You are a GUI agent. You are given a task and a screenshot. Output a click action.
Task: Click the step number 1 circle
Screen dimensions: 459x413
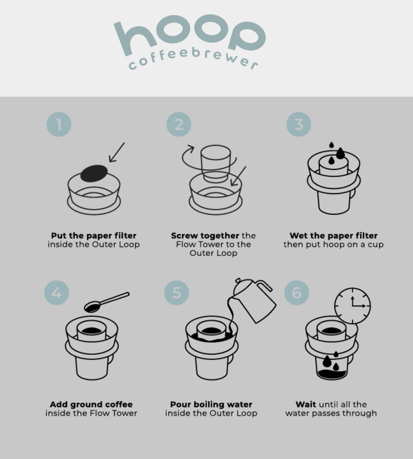coord(59,124)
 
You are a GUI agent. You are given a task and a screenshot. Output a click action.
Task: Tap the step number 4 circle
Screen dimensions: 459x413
coord(57,293)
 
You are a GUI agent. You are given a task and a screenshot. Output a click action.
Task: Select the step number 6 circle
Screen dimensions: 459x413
coord(297,293)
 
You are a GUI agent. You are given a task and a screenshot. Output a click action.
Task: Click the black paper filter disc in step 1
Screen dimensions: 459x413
coord(94,173)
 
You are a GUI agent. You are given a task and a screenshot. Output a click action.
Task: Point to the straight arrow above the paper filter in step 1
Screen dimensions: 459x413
coord(117,152)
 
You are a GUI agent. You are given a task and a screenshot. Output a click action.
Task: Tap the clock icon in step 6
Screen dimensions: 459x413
coord(352,306)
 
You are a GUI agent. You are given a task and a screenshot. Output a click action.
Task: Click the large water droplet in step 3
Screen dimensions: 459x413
coord(340,153)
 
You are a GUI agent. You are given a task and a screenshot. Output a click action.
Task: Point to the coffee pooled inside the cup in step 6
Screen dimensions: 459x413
coord(331,374)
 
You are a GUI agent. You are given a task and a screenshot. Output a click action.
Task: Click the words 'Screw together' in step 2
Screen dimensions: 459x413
coord(205,235)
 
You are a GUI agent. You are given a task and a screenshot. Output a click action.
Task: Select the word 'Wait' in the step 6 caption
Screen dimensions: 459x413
coord(306,404)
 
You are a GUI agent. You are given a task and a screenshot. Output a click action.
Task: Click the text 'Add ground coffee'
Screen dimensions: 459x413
coord(91,404)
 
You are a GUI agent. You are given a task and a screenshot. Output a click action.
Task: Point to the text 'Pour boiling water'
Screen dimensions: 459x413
coord(211,404)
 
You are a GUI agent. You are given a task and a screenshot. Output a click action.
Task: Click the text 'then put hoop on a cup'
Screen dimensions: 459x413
coord(333,245)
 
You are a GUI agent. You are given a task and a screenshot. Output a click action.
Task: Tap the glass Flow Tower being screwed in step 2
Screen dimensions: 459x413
coord(215,163)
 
